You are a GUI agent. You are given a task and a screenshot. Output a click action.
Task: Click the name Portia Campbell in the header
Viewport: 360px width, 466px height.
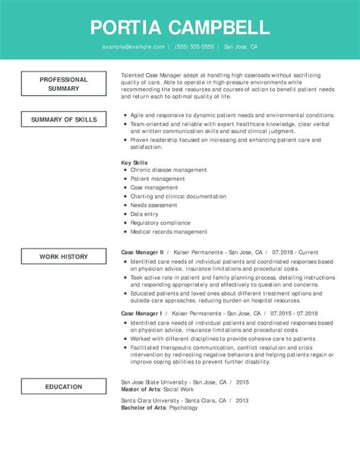(x=179, y=28)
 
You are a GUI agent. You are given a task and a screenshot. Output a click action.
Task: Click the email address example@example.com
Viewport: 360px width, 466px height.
(x=134, y=47)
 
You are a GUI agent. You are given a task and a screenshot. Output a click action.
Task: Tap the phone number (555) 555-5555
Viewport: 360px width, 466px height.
(x=194, y=47)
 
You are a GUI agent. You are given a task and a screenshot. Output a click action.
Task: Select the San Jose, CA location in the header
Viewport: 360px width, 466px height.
(x=241, y=47)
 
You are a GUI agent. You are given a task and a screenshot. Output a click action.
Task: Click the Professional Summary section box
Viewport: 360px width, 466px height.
(x=64, y=84)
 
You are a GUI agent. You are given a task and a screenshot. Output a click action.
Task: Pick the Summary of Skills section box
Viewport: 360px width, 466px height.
(x=64, y=119)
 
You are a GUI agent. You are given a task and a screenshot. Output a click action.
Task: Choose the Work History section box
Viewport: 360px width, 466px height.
(x=64, y=257)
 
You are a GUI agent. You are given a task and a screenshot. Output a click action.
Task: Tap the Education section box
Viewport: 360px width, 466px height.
(x=64, y=387)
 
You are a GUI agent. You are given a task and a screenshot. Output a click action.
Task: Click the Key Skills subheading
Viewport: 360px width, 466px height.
(x=135, y=163)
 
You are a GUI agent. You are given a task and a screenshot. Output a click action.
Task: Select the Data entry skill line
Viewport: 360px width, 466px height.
(x=144, y=214)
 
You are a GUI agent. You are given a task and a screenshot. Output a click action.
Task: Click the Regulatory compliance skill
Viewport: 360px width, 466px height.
(x=160, y=223)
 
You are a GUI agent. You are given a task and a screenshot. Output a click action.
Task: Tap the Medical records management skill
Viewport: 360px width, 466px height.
(x=169, y=232)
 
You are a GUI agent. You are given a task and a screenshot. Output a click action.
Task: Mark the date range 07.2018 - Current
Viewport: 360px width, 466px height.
(x=294, y=252)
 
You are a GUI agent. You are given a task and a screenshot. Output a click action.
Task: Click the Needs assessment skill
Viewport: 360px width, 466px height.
(x=154, y=205)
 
